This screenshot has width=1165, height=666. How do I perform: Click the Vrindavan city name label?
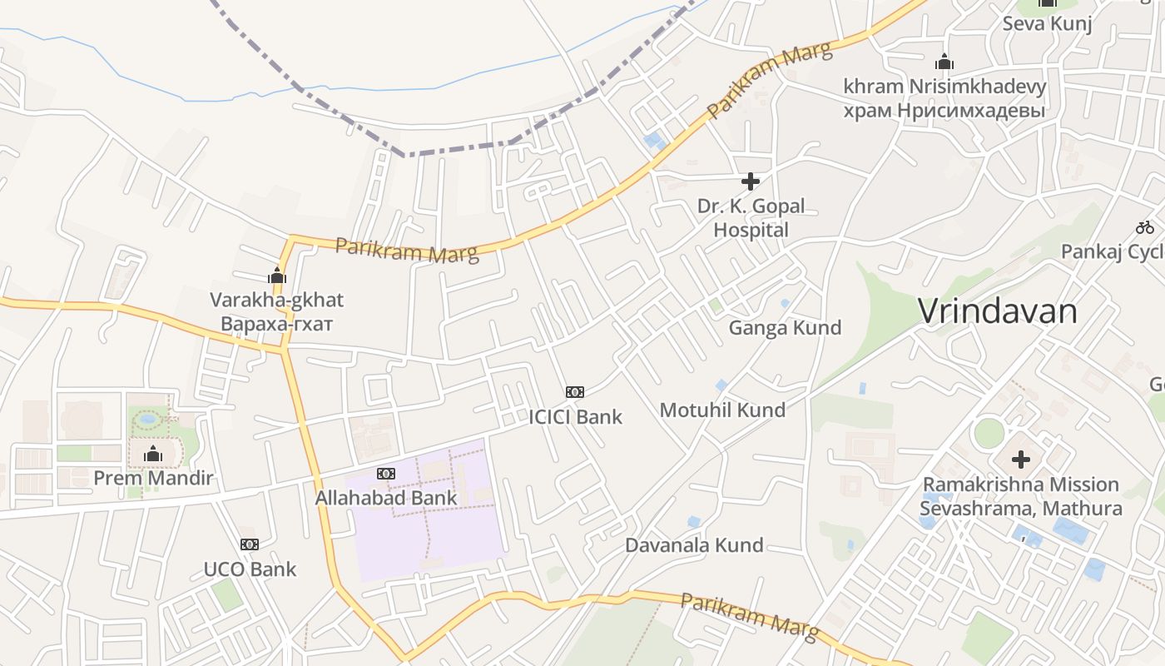(998, 311)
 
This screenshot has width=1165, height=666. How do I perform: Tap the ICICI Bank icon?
(575, 392)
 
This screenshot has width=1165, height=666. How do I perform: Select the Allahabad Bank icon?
(385, 474)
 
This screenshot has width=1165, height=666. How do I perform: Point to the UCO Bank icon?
(250, 544)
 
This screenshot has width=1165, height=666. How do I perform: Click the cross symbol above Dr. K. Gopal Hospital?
(751, 181)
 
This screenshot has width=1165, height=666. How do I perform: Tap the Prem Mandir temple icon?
(153, 454)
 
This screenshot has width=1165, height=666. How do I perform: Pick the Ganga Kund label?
(785, 328)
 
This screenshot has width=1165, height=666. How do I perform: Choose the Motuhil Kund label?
(722, 410)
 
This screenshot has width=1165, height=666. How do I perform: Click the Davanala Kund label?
(694, 546)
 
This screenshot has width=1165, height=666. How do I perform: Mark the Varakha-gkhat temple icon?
(277, 276)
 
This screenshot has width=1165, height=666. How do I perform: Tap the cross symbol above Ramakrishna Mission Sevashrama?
(1021, 459)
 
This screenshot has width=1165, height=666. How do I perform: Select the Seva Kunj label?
(1047, 23)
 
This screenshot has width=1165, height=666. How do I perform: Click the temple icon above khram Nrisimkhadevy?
(944, 62)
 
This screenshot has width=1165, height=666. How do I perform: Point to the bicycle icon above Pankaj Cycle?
(1145, 226)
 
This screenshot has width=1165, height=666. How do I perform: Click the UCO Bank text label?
(250, 570)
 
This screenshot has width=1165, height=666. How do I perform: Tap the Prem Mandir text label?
(153, 479)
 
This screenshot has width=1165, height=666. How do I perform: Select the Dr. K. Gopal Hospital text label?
(751, 218)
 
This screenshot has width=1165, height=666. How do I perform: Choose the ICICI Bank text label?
(575, 417)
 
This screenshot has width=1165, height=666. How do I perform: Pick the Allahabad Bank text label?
(385, 499)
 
